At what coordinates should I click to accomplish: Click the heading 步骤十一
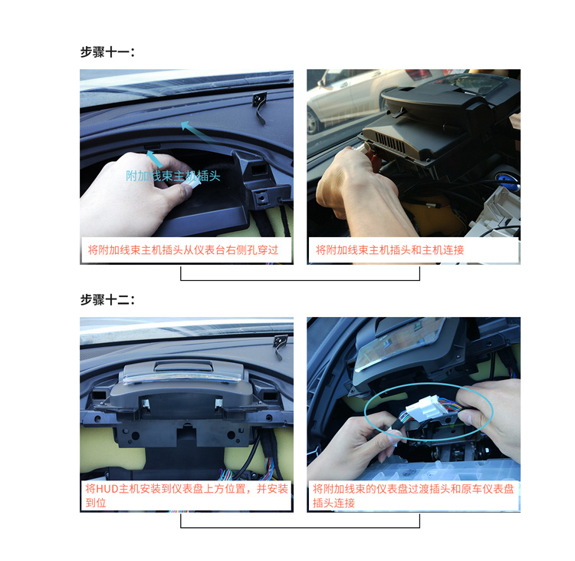(x=107, y=51)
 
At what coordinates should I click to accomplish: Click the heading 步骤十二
(x=107, y=299)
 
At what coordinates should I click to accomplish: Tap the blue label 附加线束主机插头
(x=173, y=176)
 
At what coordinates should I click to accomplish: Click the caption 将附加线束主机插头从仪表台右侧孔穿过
(x=183, y=250)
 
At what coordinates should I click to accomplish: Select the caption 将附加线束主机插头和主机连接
(x=389, y=250)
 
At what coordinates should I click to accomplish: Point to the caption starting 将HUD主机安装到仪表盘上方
(x=186, y=496)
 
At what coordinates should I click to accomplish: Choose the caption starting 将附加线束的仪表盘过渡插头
(x=413, y=496)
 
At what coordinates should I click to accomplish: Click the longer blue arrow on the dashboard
(x=200, y=136)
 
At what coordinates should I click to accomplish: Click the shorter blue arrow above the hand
(x=154, y=159)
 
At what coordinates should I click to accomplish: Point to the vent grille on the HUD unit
(x=390, y=143)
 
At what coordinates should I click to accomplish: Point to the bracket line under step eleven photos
(x=300, y=280)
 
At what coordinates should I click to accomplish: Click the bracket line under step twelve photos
(x=300, y=527)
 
